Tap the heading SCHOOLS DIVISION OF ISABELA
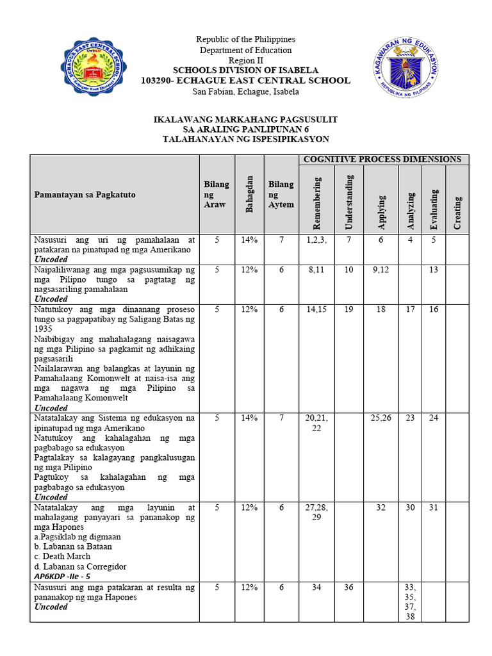tap(245, 70)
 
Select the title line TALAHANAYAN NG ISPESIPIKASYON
tap(245, 139)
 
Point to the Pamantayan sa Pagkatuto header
tap(85, 194)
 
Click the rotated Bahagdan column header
tap(250, 194)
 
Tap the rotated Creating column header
tap(457, 212)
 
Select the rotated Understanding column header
tap(348, 202)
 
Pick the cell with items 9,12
tap(381, 270)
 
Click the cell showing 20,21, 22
tap(316, 423)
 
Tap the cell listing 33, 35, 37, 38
tap(410, 602)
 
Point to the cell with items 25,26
tap(381, 418)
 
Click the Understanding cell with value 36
tap(348, 587)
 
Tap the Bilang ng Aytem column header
tap(281, 194)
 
